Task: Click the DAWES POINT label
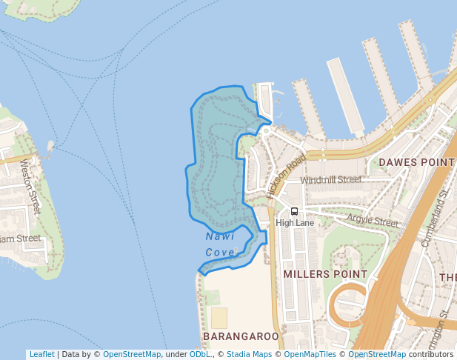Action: [416, 161]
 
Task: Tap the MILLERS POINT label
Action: [325, 274]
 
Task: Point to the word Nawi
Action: [220, 236]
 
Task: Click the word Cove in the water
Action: [220, 253]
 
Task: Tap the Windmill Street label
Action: [331, 179]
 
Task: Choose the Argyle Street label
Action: [373, 221]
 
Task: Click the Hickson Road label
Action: [287, 176]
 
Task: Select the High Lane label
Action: [295, 222]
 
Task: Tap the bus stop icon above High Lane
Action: [295, 211]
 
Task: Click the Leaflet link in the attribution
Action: [41, 354]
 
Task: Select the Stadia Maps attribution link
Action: [249, 354]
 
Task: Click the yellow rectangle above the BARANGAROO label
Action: [219, 318]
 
